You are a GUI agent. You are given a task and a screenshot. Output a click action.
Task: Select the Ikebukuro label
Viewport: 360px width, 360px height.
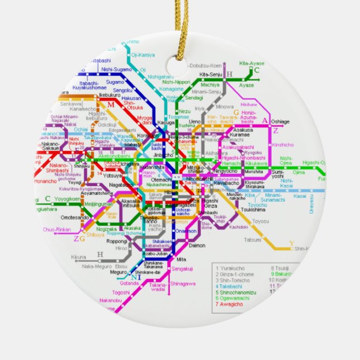pos(110,96)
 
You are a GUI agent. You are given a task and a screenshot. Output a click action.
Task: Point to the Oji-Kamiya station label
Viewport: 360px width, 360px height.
pos(143,55)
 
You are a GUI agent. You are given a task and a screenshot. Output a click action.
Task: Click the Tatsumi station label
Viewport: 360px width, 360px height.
pos(253,240)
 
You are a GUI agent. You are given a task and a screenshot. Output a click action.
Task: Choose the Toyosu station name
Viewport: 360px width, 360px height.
pos(260,221)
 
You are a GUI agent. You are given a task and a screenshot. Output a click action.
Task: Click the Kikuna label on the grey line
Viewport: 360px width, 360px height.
pos(79,257)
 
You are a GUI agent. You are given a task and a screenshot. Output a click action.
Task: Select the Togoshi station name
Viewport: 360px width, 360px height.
pos(121,292)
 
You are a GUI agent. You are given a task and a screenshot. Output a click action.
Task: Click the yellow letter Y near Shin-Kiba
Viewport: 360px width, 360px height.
pos(291,243)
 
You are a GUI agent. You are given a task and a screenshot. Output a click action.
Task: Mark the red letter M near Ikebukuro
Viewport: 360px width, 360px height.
pos(110,105)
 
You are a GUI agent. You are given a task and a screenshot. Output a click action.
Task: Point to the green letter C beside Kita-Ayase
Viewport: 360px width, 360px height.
pos(257,70)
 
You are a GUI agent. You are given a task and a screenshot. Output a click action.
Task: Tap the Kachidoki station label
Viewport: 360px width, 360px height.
pos(238,227)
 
